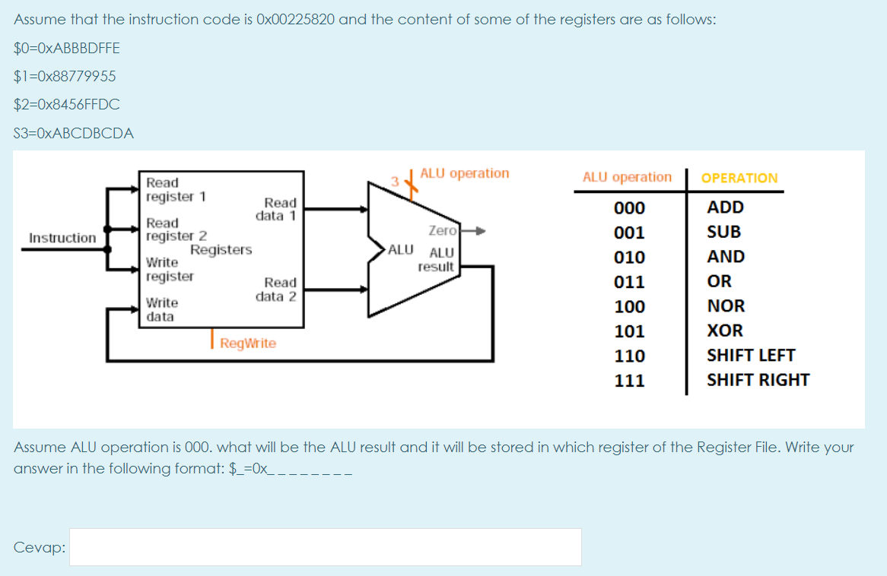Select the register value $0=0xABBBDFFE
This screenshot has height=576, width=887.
click(67, 48)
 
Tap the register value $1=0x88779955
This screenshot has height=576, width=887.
click(65, 76)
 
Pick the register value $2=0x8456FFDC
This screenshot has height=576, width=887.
click(67, 104)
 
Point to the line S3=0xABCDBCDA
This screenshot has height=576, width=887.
click(74, 133)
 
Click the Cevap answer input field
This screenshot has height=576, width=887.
click(326, 547)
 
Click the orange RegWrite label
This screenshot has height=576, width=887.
click(248, 343)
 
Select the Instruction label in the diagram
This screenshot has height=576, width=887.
click(62, 238)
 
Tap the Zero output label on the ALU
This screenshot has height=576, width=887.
click(442, 230)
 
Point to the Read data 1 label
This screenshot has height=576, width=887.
click(279, 209)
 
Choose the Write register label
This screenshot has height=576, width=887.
click(170, 270)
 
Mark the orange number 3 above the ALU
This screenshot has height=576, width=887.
click(395, 181)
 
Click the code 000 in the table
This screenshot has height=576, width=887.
click(629, 208)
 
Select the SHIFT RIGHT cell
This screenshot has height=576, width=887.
click(758, 380)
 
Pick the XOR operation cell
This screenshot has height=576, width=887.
click(724, 331)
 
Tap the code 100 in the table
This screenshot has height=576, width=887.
click(629, 307)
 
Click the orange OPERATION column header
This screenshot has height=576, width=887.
click(739, 178)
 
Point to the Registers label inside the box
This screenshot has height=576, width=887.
click(221, 250)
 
